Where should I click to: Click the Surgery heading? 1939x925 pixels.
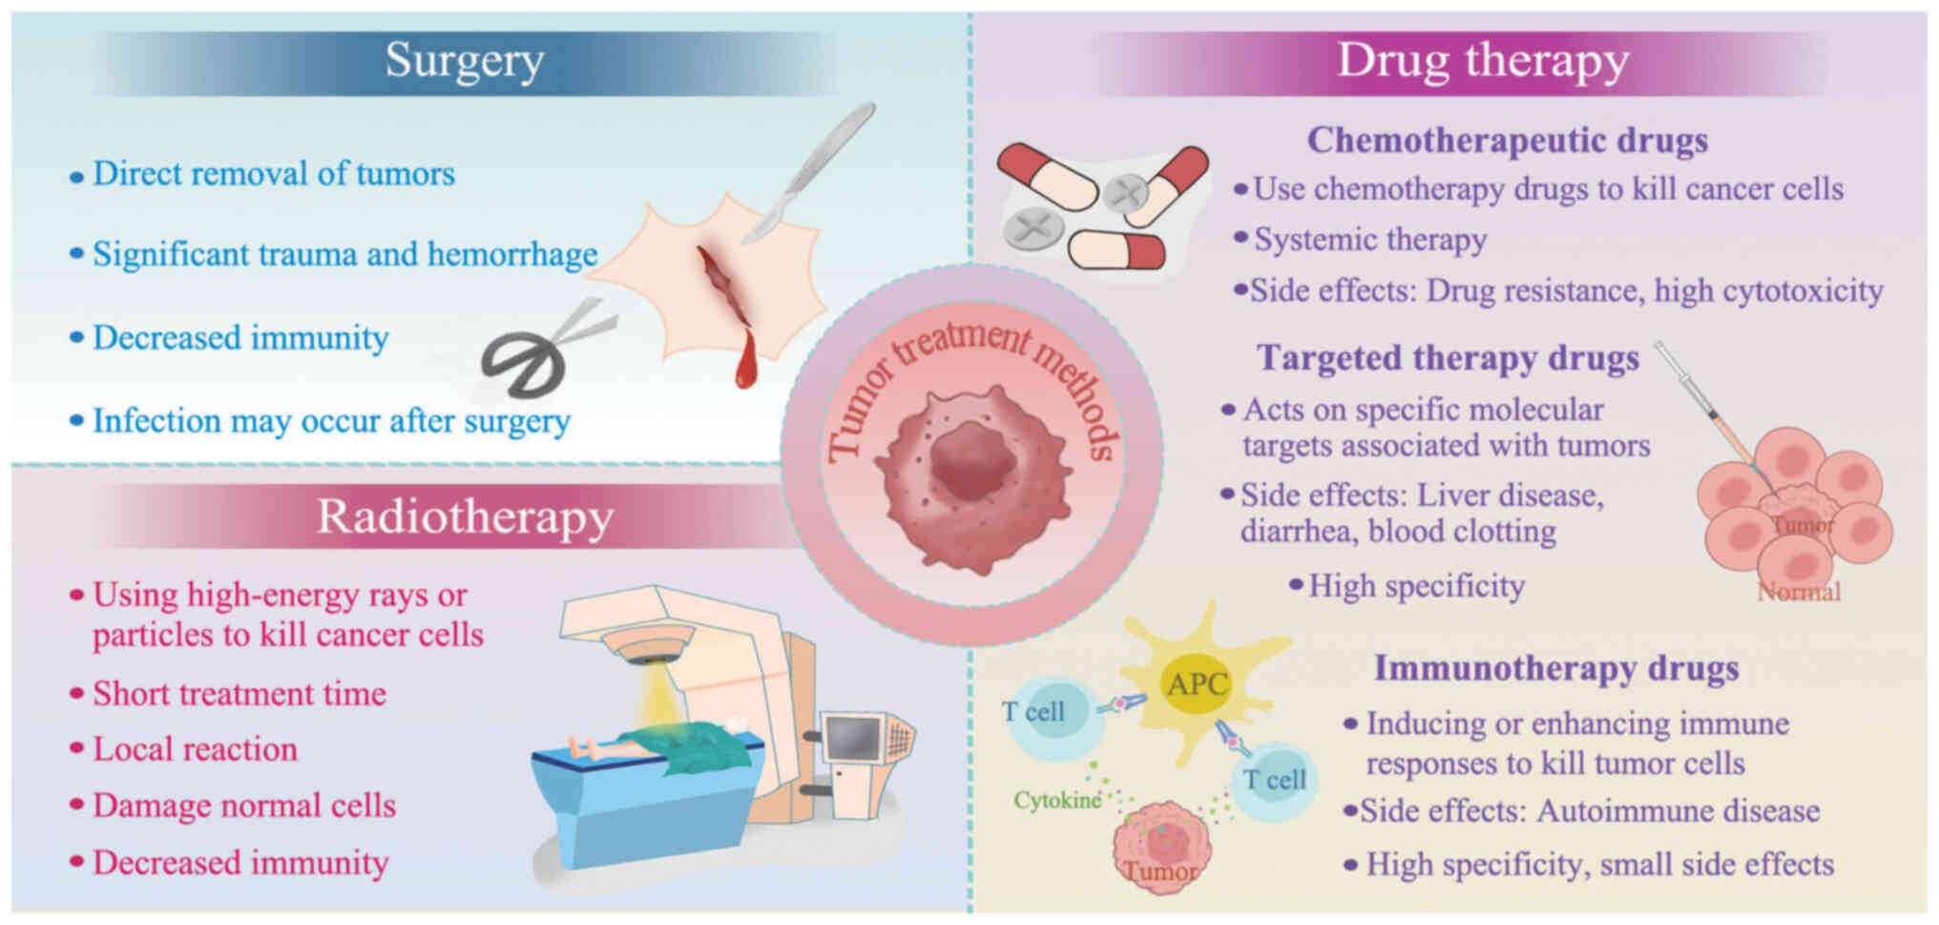tap(465, 61)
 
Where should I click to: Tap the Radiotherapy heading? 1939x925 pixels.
tap(465, 517)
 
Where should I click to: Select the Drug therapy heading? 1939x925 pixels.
tap(1482, 61)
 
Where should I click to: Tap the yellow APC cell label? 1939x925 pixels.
tap(1198, 684)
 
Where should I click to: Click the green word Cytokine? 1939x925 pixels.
tap(1057, 800)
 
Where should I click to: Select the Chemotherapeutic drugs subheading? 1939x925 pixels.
tap(1507, 140)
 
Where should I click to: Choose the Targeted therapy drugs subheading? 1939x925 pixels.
tap(1448, 358)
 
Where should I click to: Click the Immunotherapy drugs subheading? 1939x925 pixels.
tap(1555, 668)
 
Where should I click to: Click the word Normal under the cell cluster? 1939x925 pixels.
tap(1799, 593)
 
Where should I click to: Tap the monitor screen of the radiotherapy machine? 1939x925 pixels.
tap(852, 738)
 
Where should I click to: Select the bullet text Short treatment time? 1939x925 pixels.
tap(239, 694)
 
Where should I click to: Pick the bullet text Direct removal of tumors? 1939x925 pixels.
tap(273, 174)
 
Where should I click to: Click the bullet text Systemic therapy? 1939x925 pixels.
tap(1369, 240)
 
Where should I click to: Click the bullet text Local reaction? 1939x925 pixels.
tap(195, 749)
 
